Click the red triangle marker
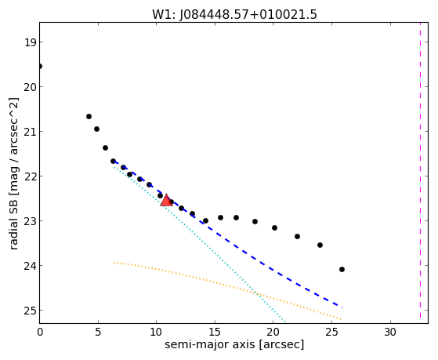pos(166,200)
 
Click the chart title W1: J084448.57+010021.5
pos(234,15)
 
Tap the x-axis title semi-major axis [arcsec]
pos(234,344)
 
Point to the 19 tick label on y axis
pos(30,42)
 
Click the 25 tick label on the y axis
pos(30,311)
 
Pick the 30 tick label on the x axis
pos(390,332)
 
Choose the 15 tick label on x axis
pos(215,332)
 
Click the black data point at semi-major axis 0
pos(40,67)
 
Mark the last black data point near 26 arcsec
pos(342,269)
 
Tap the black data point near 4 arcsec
pos(89,116)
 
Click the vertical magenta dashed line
pos(420,170)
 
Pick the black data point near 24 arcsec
pos(320,245)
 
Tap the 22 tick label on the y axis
pos(30,176)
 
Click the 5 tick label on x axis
pos(98,332)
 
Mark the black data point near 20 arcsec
pos(274,227)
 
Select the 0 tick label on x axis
pos(40,332)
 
